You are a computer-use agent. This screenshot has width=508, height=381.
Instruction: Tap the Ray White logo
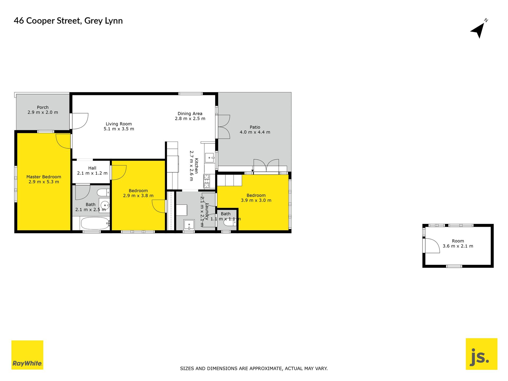[x=27, y=355]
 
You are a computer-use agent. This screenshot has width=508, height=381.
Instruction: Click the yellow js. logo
[x=481, y=354]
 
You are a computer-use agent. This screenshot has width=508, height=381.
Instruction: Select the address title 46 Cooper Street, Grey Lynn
[x=68, y=21]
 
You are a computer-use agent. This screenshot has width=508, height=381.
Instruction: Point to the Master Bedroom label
[x=44, y=177]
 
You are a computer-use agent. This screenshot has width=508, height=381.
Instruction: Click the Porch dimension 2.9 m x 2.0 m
[x=43, y=112]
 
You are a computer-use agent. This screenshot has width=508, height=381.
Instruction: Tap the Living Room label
[x=119, y=124]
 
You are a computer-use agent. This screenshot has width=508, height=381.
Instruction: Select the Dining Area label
[x=190, y=114]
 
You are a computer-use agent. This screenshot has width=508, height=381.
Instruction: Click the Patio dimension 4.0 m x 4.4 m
[x=255, y=132]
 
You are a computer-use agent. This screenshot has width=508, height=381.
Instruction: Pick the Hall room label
[x=92, y=168]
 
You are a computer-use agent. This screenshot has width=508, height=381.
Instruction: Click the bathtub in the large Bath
[x=95, y=223]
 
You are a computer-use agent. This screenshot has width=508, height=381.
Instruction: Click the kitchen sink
[x=210, y=158]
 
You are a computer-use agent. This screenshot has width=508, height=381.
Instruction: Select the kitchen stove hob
[x=206, y=181]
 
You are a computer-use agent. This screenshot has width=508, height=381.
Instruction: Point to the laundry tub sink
[x=189, y=225]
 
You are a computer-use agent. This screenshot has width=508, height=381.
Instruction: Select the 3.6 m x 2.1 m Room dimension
[x=458, y=246]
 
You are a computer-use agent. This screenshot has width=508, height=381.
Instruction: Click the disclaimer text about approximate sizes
[x=254, y=368]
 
